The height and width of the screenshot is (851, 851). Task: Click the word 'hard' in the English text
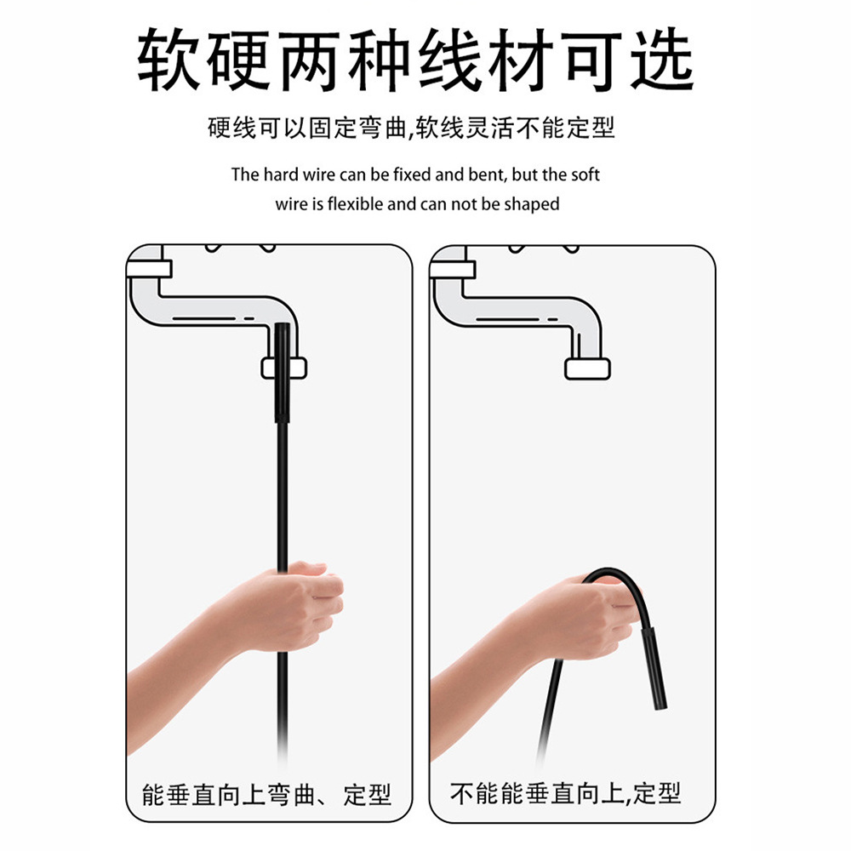tap(281, 174)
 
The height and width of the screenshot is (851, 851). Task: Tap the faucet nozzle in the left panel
tap(283, 368)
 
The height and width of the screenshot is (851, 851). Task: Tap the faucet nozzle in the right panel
tap(588, 368)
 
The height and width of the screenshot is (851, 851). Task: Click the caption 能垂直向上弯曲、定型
tap(266, 796)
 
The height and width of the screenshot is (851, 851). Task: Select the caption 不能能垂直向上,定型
tap(566, 794)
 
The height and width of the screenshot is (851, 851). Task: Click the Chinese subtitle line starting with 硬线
tap(411, 129)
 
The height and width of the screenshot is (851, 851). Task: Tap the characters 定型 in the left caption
tap(368, 796)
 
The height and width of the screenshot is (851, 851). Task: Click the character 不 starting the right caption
tap(462, 794)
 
